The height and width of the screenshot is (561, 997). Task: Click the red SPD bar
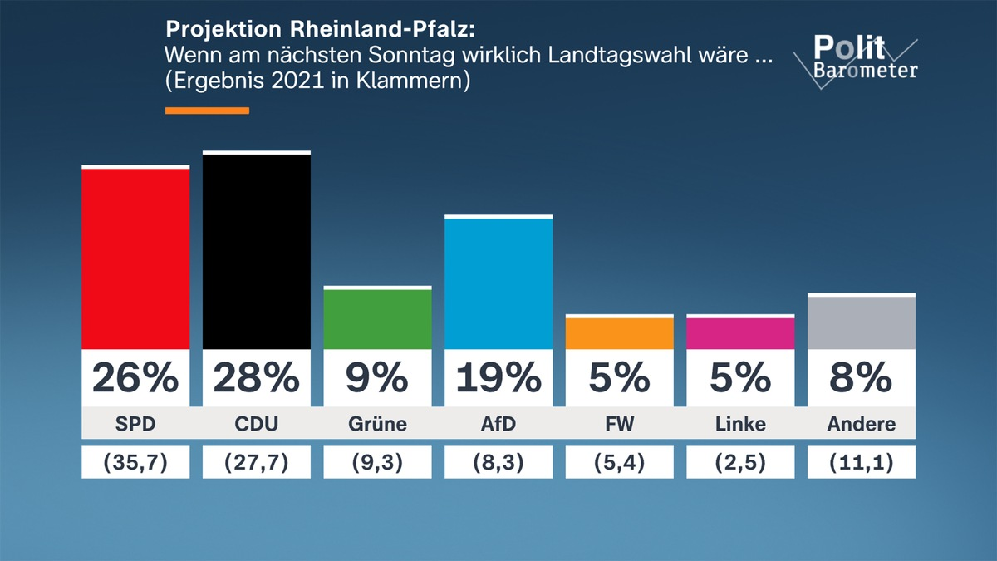click(135, 258)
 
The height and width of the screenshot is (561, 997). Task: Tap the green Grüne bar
click(377, 318)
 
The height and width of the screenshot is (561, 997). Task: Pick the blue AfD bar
click(498, 283)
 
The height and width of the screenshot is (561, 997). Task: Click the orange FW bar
click(619, 332)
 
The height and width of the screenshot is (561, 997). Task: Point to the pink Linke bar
click(740, 332)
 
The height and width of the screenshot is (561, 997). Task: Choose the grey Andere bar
click(861, 322)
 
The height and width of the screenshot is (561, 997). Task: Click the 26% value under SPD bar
click(135, 379)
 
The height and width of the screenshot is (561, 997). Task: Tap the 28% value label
click(257, 379)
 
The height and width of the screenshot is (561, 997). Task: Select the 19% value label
click(498, 379)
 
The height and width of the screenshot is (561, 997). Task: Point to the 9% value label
click(377, 379)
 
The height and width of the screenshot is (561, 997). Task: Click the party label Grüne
click(377, 424)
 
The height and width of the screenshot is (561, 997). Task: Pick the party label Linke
click(740, 424)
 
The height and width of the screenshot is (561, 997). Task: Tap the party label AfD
click(498, 424)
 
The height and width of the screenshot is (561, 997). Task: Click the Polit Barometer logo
click(856, 58)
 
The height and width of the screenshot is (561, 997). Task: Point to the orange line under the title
click(207, 111)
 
